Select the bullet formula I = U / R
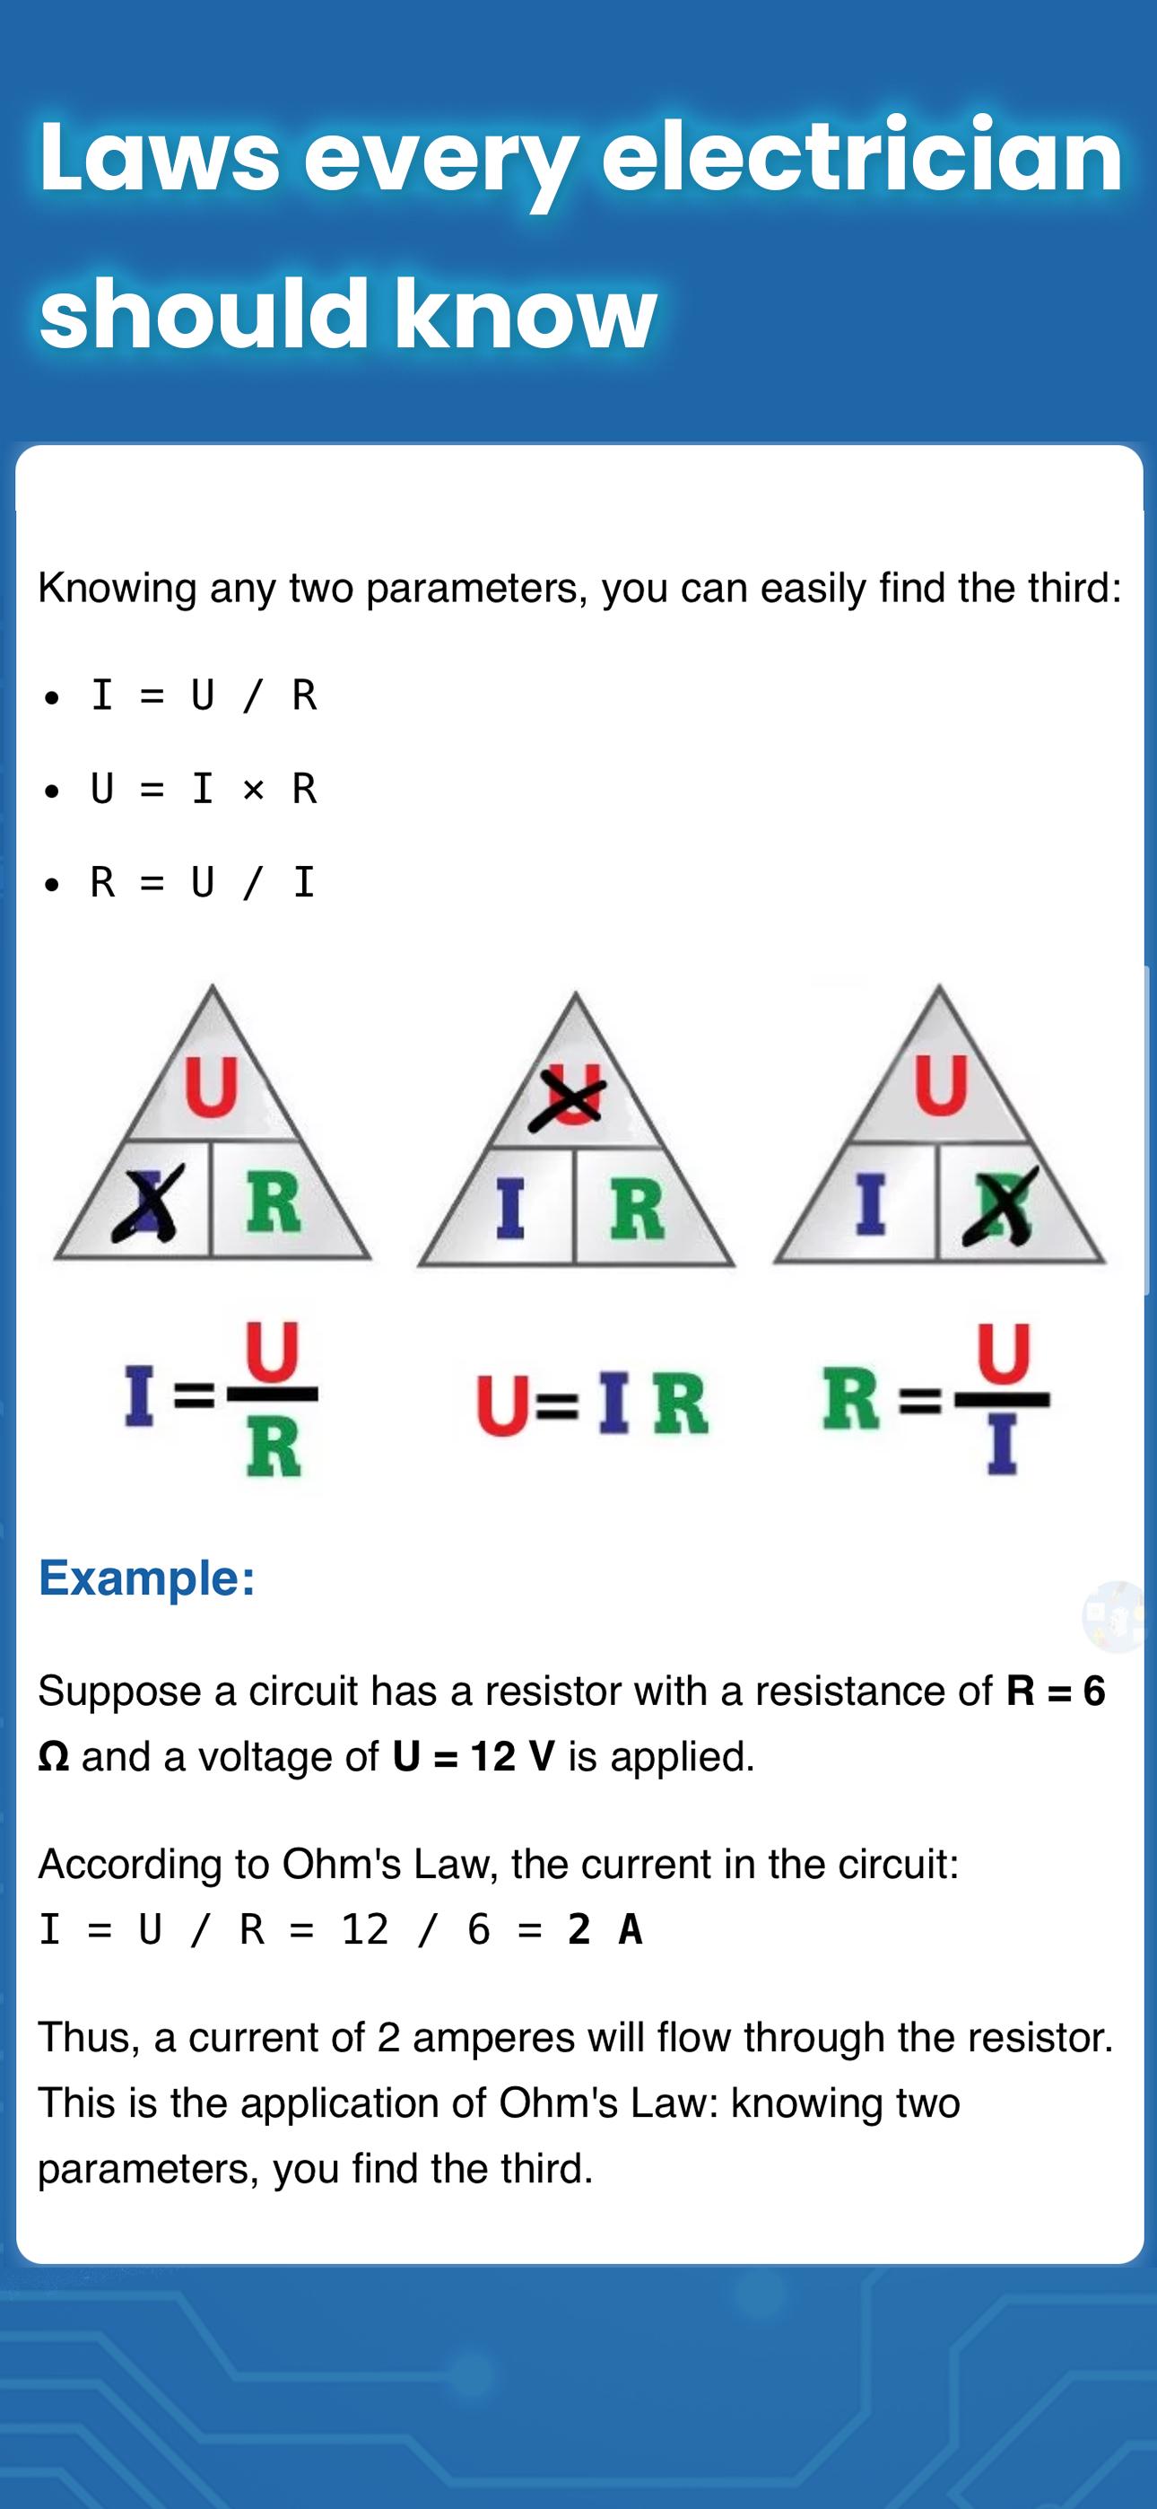coord(204,695)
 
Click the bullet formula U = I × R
coord(204,788)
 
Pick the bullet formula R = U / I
coord(204,881)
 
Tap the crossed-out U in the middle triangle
coord(567,1098)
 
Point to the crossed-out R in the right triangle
coord(1000,1206)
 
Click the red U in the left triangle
coord(212,1086)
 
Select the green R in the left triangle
coord(274,1204)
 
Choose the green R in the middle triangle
coord(637,1209)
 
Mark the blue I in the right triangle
coord(871,1205)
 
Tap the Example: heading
coord(147,1577)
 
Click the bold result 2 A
coord(605,1929)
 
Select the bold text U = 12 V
coord(474,1757)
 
